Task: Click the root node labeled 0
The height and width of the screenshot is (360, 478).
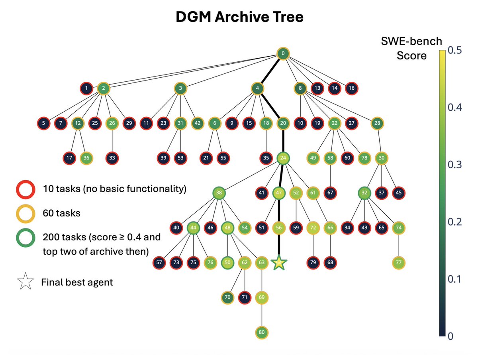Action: coord(282,54)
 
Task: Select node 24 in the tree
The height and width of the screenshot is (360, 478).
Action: coord(282,158)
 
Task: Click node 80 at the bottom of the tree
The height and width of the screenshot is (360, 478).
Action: coord(261,332)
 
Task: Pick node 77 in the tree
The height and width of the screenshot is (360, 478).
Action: coord(398,262)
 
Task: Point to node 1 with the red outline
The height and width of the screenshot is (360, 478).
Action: coord(86,88)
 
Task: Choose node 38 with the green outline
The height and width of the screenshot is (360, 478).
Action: coord(219,193)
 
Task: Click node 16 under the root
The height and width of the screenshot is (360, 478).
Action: coord(351,88)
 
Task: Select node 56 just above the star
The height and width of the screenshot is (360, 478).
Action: coord(279,228)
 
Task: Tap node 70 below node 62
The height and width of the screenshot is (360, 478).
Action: coord(227,297)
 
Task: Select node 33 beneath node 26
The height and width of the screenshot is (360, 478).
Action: coord(112,158)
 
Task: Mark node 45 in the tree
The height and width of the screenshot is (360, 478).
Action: coord(398,193)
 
